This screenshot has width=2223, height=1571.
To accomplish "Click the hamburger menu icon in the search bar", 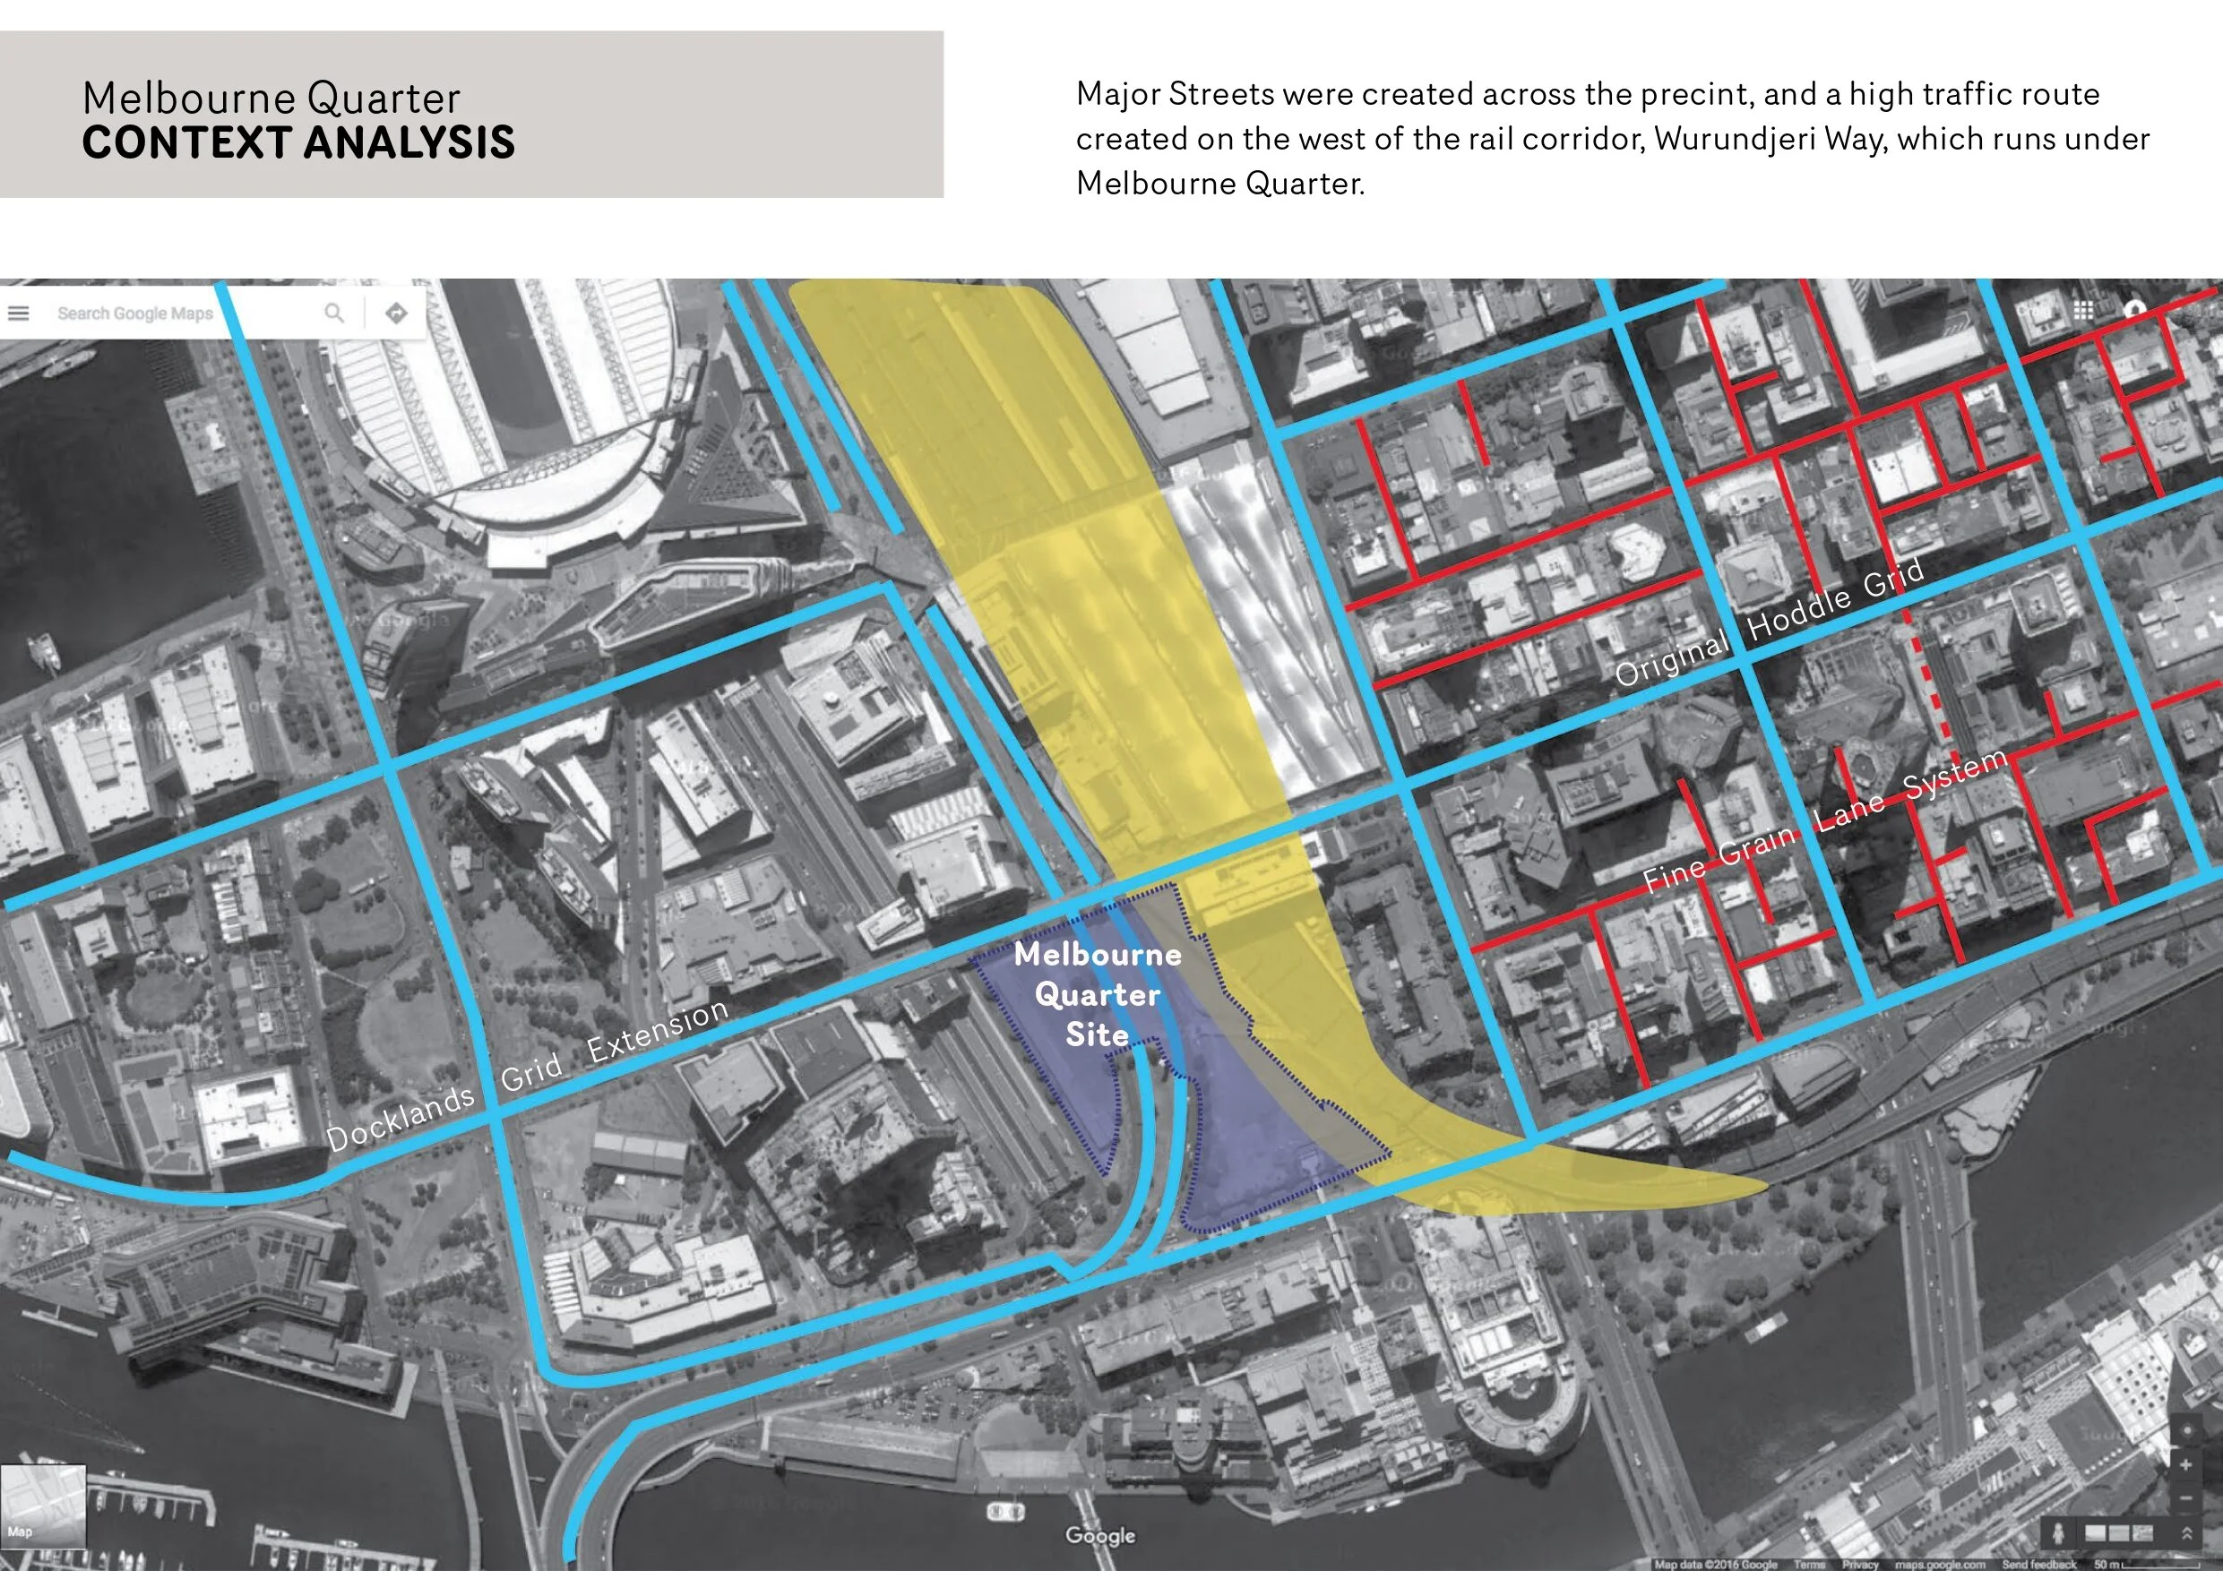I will click(19, 313).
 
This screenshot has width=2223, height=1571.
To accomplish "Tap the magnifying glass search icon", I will click(334, 313).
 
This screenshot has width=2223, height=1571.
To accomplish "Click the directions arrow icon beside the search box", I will click(396, 313).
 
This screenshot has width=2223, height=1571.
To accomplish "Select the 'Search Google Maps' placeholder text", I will click(134, 313).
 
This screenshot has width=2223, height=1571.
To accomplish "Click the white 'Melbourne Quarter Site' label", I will click(1097, 994).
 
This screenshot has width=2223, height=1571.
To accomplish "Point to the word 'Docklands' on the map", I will click(400, 1118).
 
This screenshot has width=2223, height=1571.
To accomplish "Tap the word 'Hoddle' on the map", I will click(1798, 613).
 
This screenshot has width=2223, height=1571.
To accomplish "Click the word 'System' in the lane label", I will click(1954, 777).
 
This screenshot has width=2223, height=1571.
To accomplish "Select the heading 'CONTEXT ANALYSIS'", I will click(298, 142).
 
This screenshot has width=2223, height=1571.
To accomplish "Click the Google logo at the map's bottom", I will click(1100, 1535).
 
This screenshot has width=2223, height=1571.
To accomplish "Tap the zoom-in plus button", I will click(2185, 1464).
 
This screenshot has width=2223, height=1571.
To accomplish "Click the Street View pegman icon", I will click(2057, 1533).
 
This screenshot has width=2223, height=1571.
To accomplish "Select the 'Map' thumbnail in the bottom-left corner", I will click(43, 1507).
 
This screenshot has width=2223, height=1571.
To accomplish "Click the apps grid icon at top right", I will click(2083, 310).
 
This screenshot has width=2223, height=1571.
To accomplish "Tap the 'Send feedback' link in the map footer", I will click(2039, 1564).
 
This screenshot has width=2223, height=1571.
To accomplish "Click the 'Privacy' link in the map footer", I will click(1860, 1564).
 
